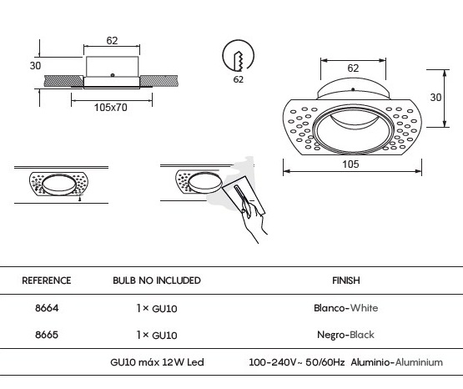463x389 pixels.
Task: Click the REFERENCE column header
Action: pos(47,280)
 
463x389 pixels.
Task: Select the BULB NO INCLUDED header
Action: pos(157,280)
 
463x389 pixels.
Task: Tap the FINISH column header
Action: pos(346,280)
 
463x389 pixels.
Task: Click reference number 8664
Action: pos(47,308)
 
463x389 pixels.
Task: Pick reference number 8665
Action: pos(47,335)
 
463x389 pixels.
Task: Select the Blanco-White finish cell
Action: pos(345,308)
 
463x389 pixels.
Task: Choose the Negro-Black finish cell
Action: pos(345,335)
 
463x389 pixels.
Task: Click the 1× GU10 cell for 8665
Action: pos(157,335)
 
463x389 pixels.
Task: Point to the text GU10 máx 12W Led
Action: pos(157,362)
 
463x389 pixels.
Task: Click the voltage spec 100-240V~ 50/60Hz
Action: pos(297,362)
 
